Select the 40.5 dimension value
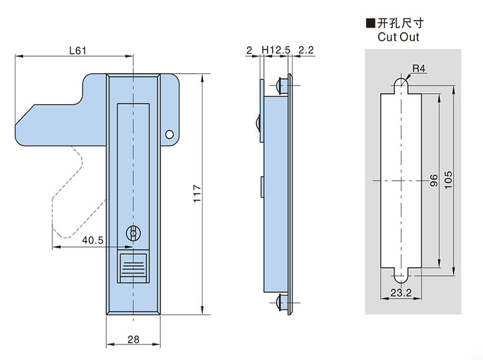pos(93,240)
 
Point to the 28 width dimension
pos(133,338)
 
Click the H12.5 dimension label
pos(276,50)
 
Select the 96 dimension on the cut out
pos(433,181)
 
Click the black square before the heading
pos(370,23)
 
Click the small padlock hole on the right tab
pos(169,134)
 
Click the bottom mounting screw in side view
pos(280,302)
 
